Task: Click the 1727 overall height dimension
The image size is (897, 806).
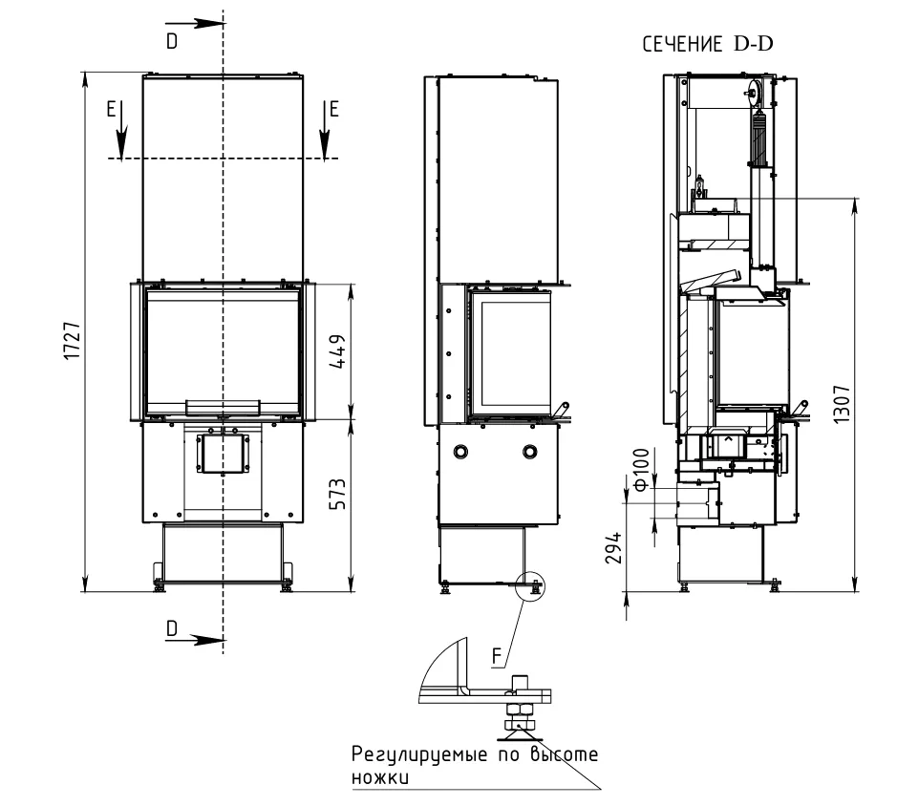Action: [73, 341]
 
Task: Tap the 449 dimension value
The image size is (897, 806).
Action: [338, 351]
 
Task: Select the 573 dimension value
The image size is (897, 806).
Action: [338, 494]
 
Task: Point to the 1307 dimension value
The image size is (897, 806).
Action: [842, 404]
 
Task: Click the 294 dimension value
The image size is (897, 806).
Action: [613, 548]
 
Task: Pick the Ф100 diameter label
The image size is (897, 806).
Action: [642, 470]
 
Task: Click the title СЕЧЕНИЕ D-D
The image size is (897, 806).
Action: [708, 44]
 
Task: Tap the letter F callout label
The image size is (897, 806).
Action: [498, 656]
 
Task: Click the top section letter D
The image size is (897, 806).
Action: [172, 41]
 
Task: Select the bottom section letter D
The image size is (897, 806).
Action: [172, 628]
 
